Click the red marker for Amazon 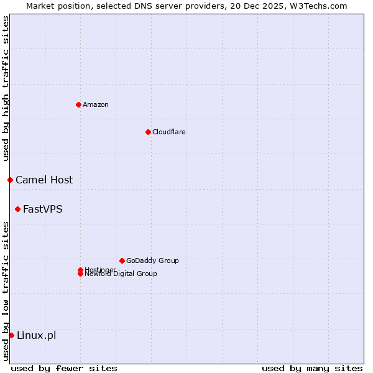78,104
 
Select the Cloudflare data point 148,132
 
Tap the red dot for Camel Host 10,180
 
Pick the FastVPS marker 17,209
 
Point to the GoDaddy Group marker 122,260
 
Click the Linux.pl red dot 11,335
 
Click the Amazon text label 95,104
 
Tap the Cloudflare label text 168,132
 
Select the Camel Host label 44,180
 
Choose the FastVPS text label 43,209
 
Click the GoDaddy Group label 152,260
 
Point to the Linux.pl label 36,335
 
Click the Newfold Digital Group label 121,274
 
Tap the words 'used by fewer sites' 64,368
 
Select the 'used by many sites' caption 312,368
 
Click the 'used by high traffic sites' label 6,88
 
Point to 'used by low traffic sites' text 6,290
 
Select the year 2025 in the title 277,6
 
